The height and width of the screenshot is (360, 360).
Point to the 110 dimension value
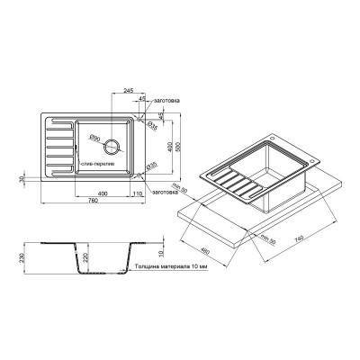(138, 193)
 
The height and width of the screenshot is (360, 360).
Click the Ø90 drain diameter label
(94, 137)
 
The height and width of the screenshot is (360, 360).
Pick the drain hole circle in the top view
(112, 146)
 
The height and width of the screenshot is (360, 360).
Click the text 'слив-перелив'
(96, 166)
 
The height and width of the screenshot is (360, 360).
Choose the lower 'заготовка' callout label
(168, 193)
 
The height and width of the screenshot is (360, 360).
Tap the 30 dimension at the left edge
(22, 179)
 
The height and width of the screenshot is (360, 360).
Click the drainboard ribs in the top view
(57, 146)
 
